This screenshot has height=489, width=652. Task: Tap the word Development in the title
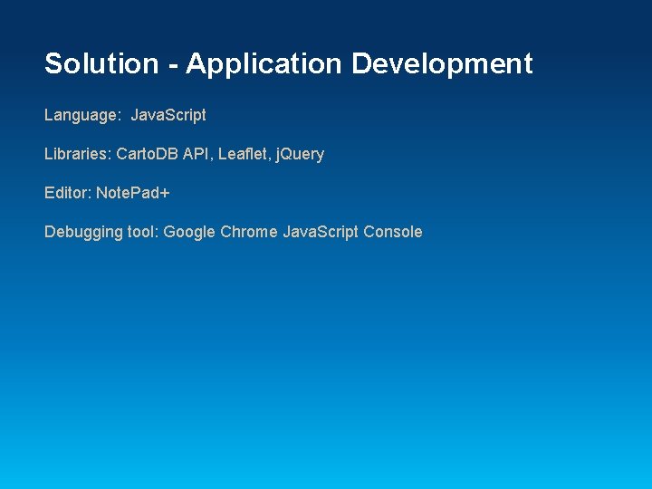[442, 64]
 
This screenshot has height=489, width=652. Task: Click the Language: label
[82, 115]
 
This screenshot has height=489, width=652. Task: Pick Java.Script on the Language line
[168, 115]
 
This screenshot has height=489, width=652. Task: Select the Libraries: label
[78, 154]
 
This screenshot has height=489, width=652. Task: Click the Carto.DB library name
[148, 154]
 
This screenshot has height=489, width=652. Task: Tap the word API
[197, 154]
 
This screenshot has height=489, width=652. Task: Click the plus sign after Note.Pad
[166, 193]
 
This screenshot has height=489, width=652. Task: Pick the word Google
[189, 232]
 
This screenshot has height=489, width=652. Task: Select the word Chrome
[249, 232]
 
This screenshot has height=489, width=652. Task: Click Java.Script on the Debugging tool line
[321, 232]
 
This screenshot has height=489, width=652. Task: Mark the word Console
[393, 232]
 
